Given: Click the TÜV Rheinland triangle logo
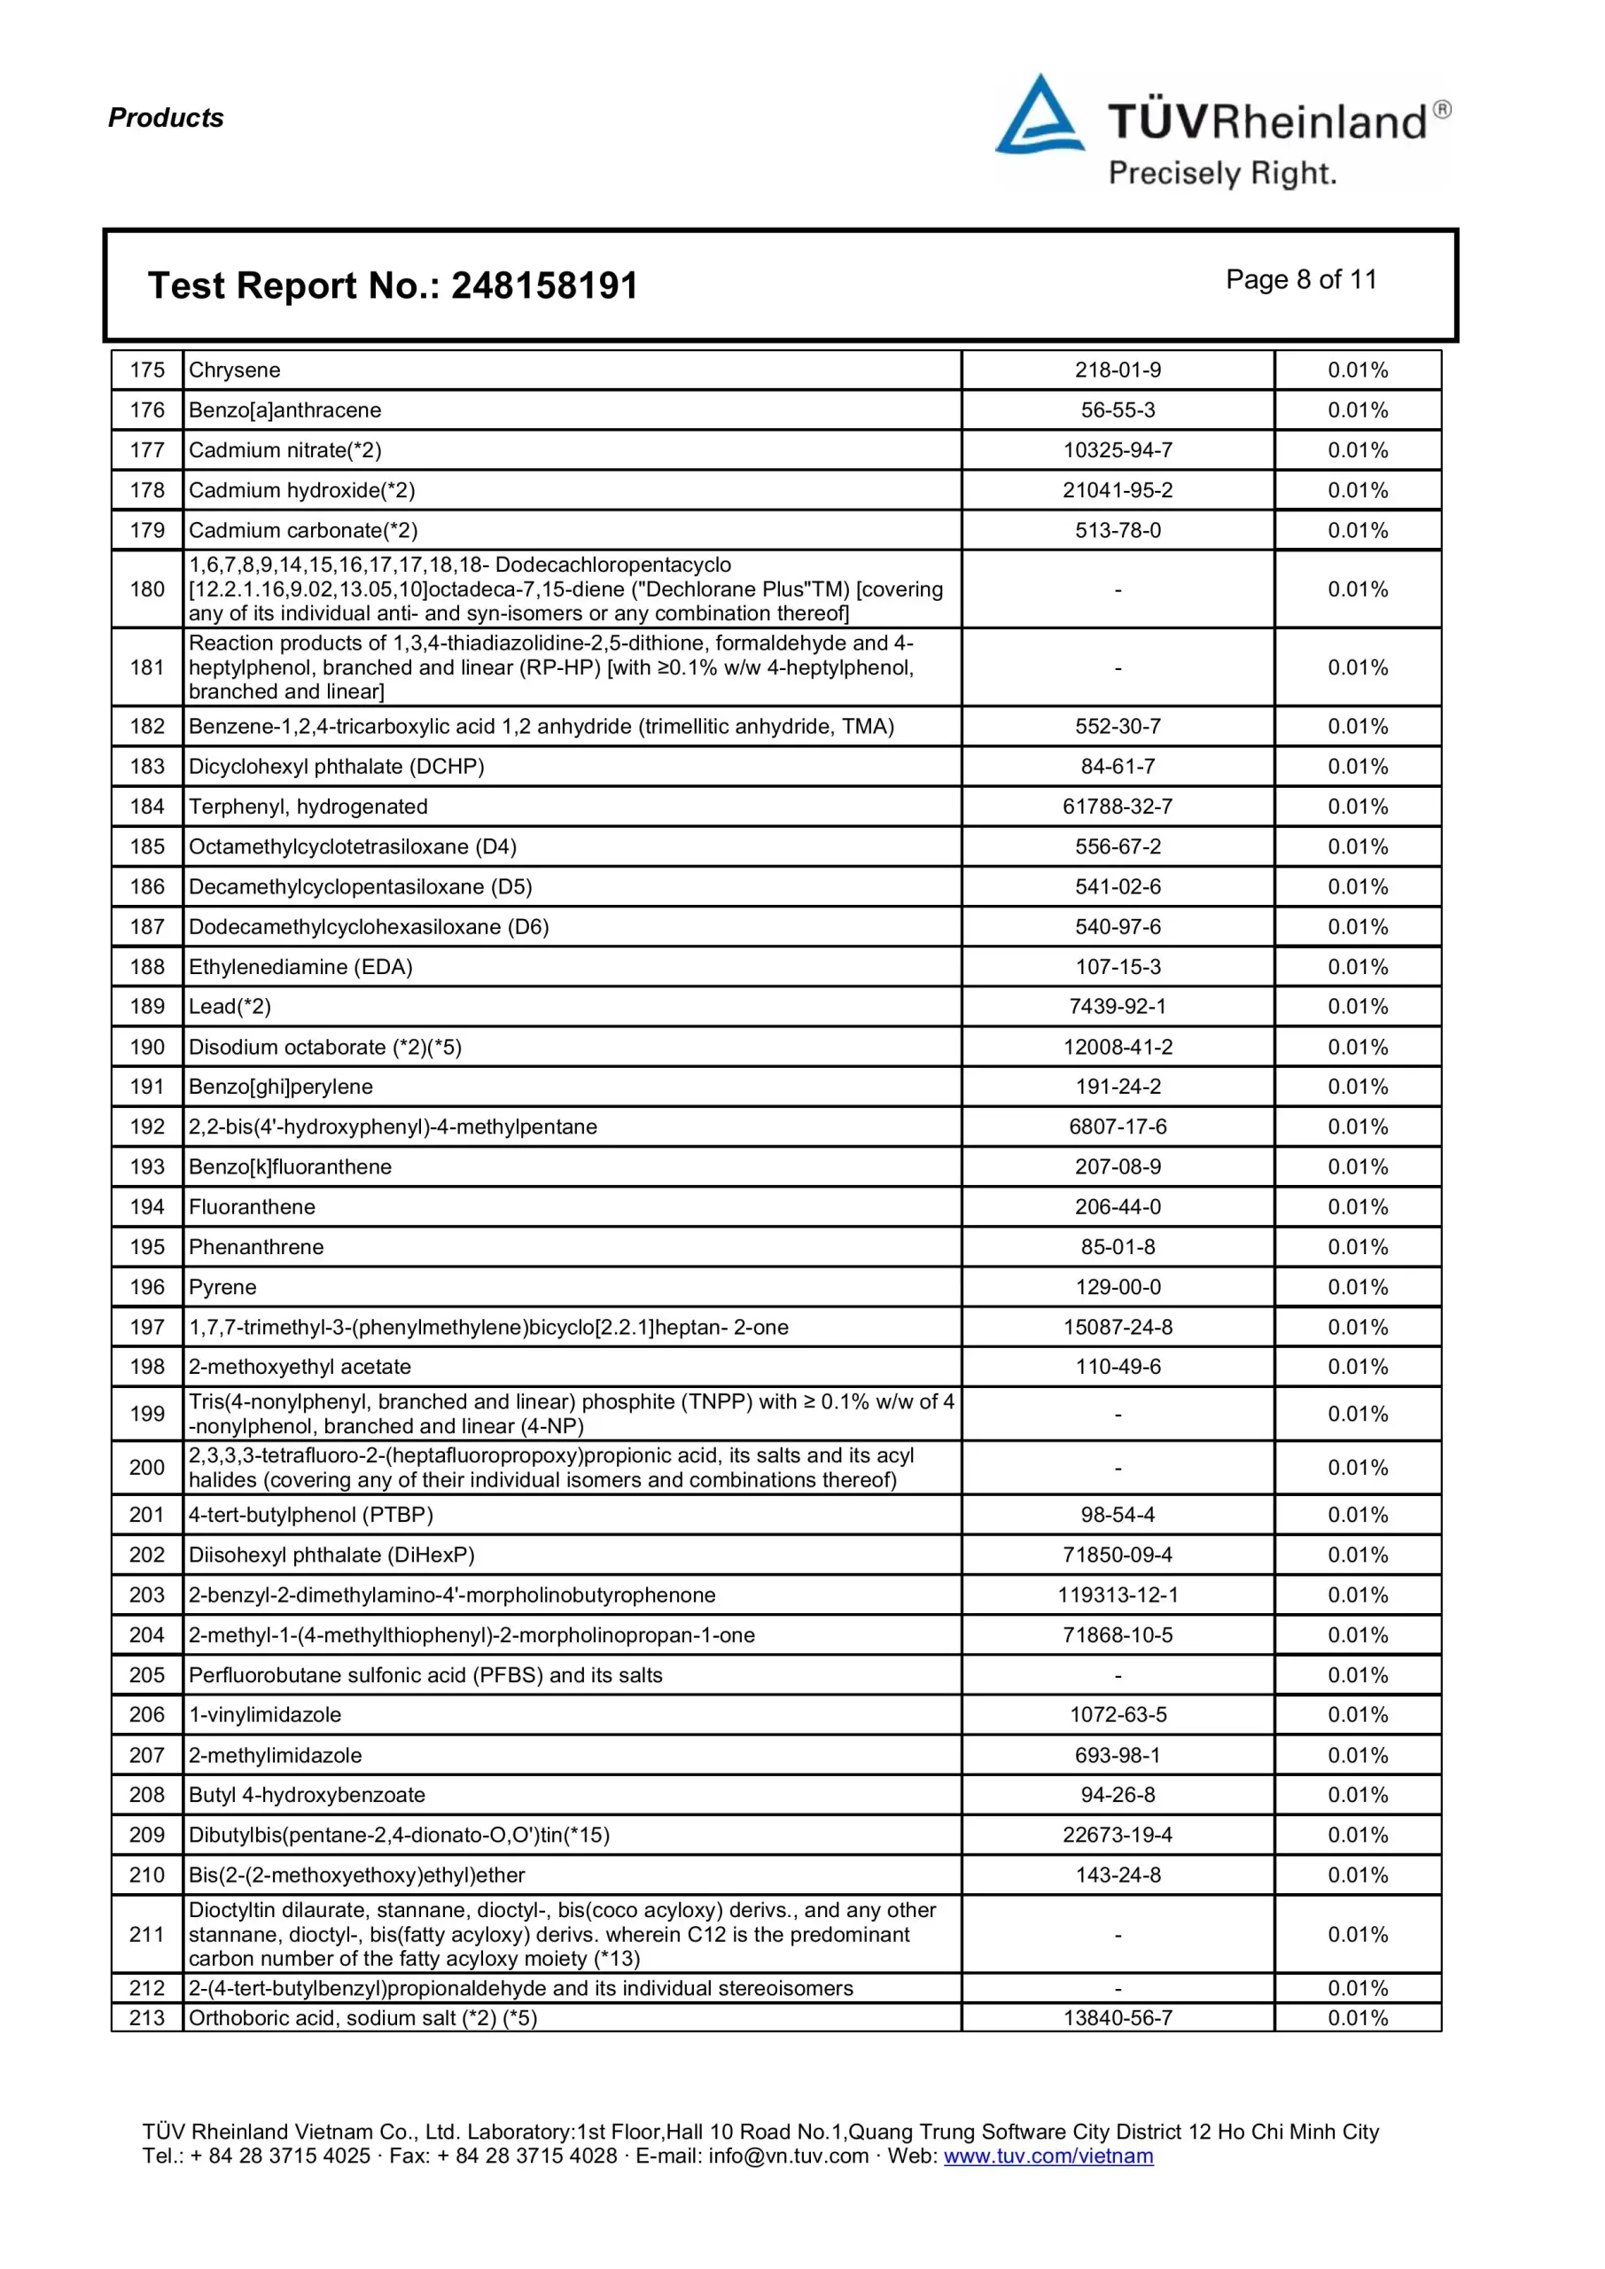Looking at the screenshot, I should coord(1040,117).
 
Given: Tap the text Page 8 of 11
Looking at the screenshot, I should coord(1301,280).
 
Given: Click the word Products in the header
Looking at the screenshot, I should coord(166,118).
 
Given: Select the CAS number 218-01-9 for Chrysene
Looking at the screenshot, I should coord(1118,370).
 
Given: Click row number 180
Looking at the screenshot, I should coord(147,589).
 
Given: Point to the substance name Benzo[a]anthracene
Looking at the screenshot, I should coord(284,410).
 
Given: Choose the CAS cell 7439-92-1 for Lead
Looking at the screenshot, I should coord(1118,1006).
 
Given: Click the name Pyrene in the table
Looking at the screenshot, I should coord(222,1287).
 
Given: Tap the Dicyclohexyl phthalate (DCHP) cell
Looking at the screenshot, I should coord(336,766).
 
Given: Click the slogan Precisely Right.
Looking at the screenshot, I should coord(1221,174).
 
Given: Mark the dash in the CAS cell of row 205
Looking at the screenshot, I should coord(1118,1676).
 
